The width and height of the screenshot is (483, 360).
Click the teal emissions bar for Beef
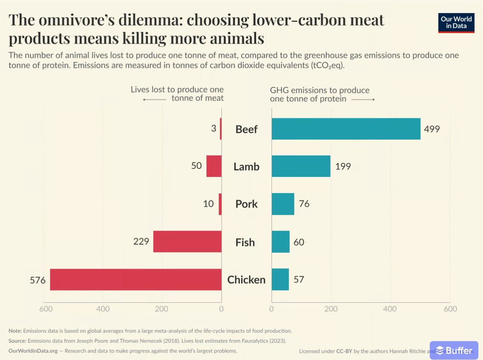[346, 129]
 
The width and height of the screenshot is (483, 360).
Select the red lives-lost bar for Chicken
[136, 279]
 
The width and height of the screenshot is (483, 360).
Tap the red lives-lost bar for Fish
[187, 242]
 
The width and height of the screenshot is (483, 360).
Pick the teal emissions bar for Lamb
[301, 166]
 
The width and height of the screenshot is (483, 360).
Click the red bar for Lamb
[214, 166]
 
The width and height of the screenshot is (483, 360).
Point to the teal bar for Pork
[283, 204]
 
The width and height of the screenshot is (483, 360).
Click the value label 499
[432, 129]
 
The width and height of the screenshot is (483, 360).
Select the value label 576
[38, 280]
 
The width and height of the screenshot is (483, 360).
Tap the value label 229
[141, 242]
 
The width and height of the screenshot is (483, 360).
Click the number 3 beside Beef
[214, 128]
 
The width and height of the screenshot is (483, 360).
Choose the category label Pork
[247, 204]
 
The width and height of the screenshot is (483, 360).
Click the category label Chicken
[247, 280]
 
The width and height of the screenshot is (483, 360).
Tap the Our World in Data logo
[456, 23]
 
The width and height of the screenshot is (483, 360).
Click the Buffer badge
[454, 350]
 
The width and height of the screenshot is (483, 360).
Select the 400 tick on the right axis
[390, 309]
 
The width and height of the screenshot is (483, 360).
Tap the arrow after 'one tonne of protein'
[363, 99]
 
